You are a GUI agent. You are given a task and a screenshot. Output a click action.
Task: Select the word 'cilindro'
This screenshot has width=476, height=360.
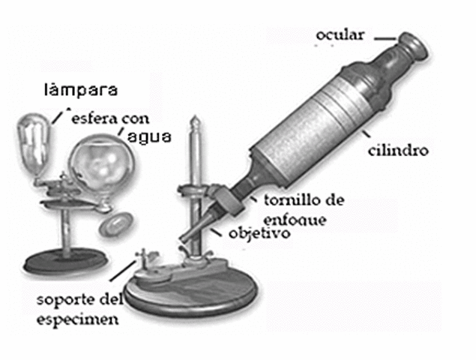click(x=398, y=151)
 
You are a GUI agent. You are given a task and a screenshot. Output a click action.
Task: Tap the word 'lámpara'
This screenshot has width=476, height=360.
click(x=80, y=91)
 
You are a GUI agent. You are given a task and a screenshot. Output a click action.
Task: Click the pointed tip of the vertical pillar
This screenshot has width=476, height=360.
click(x=196, y=122)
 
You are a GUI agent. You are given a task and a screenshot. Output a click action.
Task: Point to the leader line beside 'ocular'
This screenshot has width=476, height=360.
click(x=385, y=37)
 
